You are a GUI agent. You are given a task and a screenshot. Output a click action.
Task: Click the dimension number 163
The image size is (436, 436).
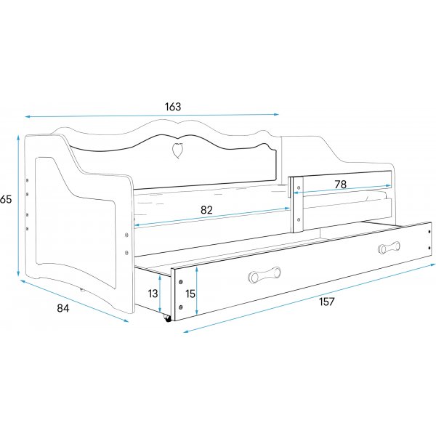pos(172,106)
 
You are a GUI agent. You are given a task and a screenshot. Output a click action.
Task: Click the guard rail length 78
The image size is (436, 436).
pos(340,184)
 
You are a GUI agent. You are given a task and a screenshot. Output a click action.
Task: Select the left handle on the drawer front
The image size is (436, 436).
pos(263,275)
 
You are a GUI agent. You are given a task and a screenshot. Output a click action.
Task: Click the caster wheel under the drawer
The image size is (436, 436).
pos(169,318)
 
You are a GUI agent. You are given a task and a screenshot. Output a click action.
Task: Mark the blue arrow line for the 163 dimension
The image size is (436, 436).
pos(153,116)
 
